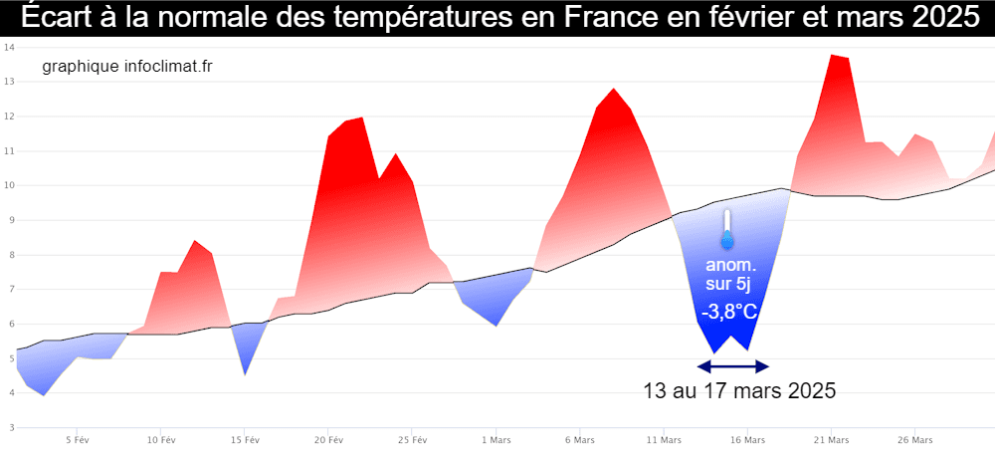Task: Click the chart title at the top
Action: click(x=497, y=17)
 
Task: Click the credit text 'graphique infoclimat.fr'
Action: click(x=127, y=66)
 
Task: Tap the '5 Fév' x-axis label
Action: click(x=78, y=439)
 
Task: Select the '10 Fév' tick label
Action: click(x=161, y=439)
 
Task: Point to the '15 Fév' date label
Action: click(x=245, y=439)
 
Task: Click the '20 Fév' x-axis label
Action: click(x=328, y=439)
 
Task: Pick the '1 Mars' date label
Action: click(x=496, y=439)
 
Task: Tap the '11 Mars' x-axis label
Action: click(x=664, y=439)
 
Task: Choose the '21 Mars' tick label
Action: click(x=831, y=439)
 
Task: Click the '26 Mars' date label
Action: click(x=914, y=439)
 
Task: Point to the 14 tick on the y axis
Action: click(x=8, y=48)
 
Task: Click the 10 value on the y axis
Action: click(x=8, y=185)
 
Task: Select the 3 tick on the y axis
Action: click(x=10, y=427)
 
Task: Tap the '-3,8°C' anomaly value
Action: click(x=729, y=313)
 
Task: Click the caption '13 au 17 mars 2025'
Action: click(x=739, y=390)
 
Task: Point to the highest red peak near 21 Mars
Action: click(x=832, y=56)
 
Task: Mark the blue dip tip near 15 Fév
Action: click(x=245, y=373)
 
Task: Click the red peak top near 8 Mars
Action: click(x=614, y=90)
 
